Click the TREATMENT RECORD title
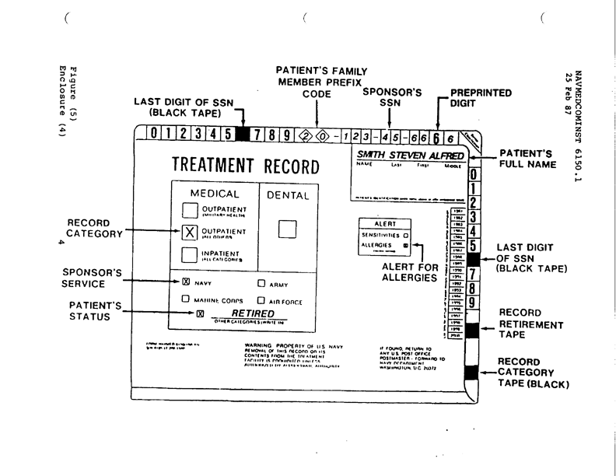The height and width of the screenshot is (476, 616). click(244, 166)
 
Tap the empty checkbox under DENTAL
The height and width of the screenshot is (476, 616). click(289, 229)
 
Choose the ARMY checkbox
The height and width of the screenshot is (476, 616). click(261, 284)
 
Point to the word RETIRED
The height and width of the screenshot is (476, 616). click(243, 313)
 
